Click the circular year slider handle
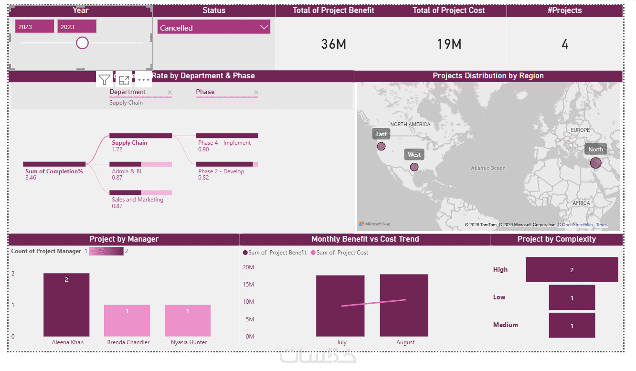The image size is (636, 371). (x=83, y=43)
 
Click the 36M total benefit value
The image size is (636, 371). (x=333, y=44)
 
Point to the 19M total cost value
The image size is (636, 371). (x=449, y=44)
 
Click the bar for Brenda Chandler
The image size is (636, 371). (x=127, y=320)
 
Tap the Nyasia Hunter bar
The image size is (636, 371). (x=188, y=320)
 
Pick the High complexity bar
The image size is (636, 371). (x=572, y=270)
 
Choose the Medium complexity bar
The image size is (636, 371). (x=572, y=325)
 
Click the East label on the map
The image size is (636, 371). (x=381, y=134)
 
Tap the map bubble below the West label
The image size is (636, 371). (x=414, y=167)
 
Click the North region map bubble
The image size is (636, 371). (x=595, y=163)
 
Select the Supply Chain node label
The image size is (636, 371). (x=129, y=143)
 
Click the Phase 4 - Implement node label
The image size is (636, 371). (x=224, y=143)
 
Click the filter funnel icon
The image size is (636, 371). (x=104, y=80)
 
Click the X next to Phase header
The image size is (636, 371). (x=256, y=93)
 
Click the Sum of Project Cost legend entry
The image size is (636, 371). (x=339, y=253)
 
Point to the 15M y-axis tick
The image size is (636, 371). (x=248, y=285)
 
